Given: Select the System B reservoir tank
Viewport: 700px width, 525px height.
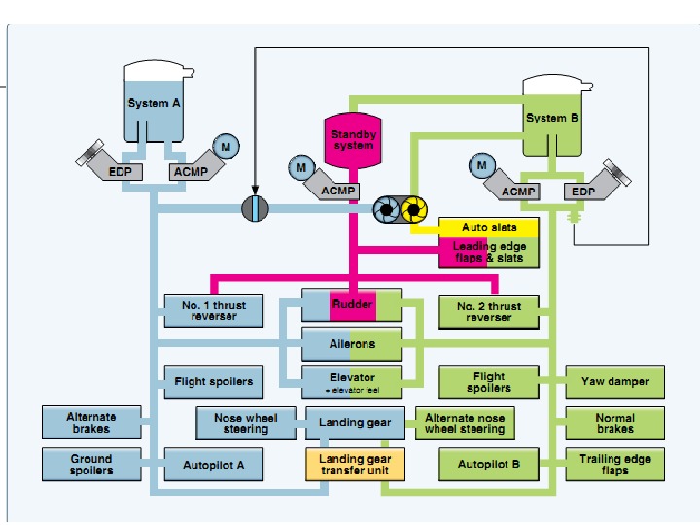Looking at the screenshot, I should click(x=552, y=117).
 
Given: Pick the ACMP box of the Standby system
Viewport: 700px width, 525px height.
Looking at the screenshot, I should click(x=338, y=191).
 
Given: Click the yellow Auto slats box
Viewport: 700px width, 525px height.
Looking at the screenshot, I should click(x=488, y=227).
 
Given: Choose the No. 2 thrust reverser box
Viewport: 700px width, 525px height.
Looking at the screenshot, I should click(x=488, y=311).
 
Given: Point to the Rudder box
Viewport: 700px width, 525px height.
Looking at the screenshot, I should click(x=352, y=305).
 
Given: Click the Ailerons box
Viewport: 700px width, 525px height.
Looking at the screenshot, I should click(x=352, y=343).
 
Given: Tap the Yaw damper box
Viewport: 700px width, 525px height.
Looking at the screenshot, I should click(x=614, y=381).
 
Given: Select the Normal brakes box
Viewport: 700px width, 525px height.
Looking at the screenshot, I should click(x=614, y=423).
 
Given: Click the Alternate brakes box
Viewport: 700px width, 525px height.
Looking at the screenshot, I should click(x=91, y=423).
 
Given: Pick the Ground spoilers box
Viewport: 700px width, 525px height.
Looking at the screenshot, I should click(x=91, y=464).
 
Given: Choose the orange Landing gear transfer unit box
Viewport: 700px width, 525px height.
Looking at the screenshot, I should click(x=355, y=465).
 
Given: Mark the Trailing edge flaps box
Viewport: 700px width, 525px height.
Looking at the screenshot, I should click(x=614, y=464).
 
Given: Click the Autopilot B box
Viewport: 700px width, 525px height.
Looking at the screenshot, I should click(x=488, y=465).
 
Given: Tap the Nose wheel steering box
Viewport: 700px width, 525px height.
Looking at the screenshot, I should click(x=247, y=423).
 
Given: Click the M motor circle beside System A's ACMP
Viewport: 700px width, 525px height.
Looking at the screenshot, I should click(x=227, y=145).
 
